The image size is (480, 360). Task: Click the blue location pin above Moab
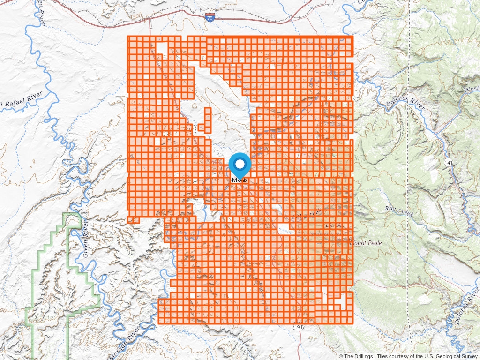tap(240, 165)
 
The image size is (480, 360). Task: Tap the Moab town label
tap(240, 180)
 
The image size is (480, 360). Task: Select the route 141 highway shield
tap(449, 161)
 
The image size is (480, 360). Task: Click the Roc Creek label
tap(399, 211)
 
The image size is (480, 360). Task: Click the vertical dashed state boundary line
tap(410, 187)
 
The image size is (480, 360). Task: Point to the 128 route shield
tap(317, 89)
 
